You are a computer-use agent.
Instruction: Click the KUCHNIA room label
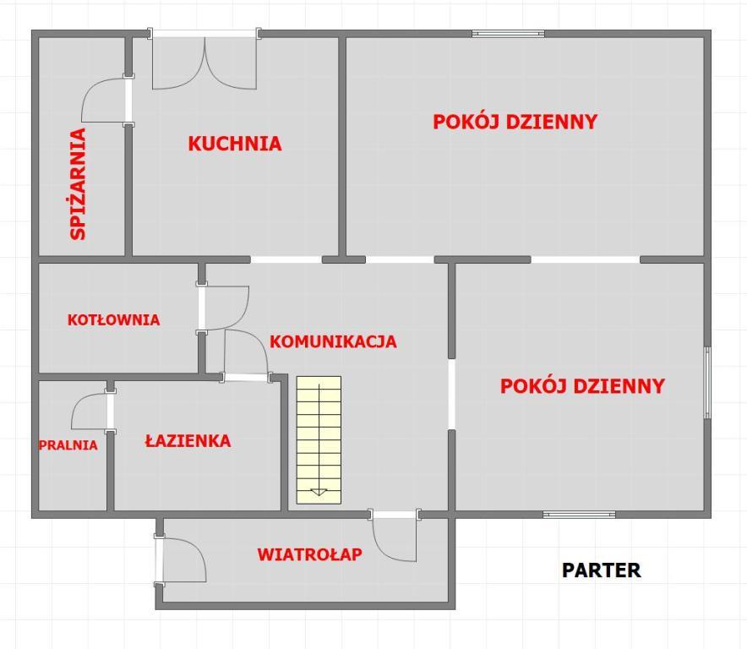(235, 144)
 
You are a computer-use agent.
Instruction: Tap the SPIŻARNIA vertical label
(78, 184)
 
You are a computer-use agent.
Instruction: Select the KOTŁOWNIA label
(113, 319)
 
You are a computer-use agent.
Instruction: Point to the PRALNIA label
(68, 445)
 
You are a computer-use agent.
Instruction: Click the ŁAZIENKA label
(188, 441)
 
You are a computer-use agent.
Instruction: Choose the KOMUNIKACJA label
(333, 341)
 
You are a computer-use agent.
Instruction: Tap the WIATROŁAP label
(309, 554)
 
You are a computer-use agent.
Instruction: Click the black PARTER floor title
(601, 570)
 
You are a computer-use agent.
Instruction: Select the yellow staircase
(319, 440)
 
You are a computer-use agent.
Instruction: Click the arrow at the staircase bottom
(319, 492)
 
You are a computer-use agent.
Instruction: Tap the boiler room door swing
(223, 308)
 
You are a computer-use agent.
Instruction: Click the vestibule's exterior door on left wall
(180, 560)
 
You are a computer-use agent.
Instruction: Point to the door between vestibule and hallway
(395, 536)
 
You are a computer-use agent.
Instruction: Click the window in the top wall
(509, 33)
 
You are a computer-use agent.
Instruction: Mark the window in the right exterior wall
(707, 383)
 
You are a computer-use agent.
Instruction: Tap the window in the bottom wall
(580, 515)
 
